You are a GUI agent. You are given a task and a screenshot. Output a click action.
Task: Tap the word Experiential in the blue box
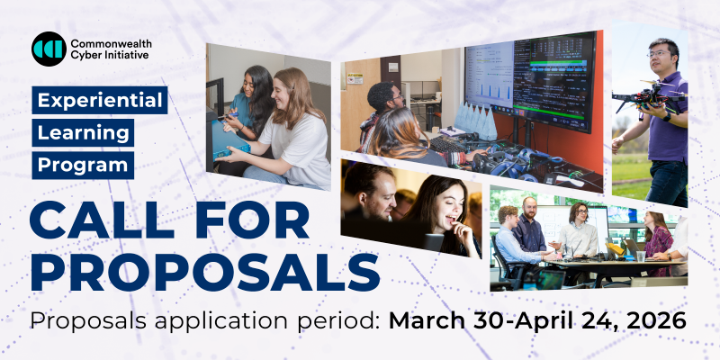coord(100,100)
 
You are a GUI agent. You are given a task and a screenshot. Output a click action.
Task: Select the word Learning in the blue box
coord(84,132)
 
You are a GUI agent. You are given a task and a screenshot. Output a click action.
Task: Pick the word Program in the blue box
coord(83,165)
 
